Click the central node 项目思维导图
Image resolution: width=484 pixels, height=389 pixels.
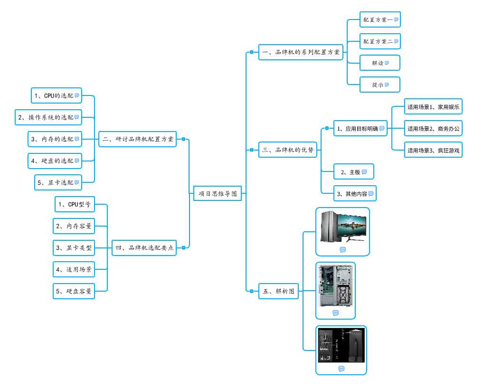218,193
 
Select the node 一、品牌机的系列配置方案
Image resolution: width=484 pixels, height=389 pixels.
301,52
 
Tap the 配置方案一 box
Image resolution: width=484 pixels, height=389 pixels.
380,20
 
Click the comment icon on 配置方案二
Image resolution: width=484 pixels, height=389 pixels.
396,41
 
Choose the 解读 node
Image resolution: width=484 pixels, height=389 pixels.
380,63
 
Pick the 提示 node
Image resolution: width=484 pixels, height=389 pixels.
380,85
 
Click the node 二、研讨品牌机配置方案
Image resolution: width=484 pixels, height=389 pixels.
137,139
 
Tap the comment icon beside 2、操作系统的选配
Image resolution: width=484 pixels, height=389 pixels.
76,117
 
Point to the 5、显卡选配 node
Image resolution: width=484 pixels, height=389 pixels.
58,182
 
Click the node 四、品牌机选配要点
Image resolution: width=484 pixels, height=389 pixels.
144,247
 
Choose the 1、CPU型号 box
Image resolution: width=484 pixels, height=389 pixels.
74,205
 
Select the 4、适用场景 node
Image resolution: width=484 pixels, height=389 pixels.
74,269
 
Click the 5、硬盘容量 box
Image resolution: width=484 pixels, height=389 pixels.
74,291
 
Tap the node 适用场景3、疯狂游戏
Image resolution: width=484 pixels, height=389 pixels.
433,150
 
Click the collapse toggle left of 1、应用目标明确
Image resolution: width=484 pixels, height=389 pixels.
326,128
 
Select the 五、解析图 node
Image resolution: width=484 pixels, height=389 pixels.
279,291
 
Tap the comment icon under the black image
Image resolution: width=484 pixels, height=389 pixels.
341,369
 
